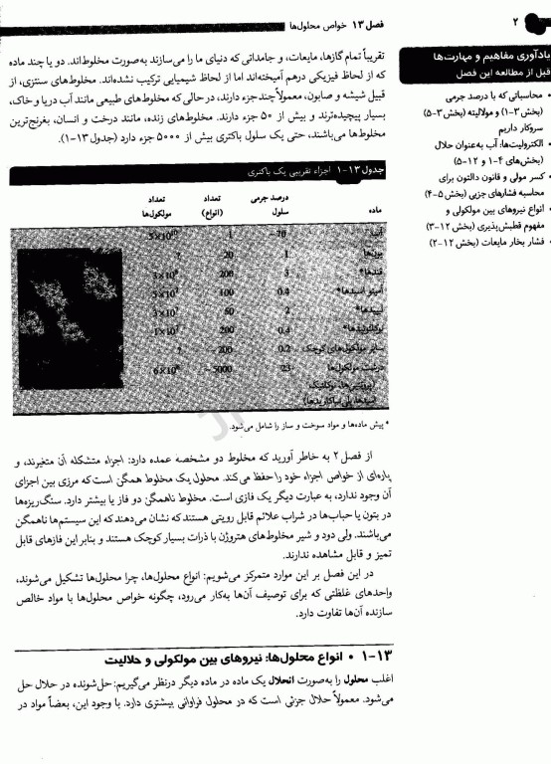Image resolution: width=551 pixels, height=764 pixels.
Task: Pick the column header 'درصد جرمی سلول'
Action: click(x=279, y=205)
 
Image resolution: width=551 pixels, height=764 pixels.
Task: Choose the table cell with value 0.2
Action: click(x=282, y=348)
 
